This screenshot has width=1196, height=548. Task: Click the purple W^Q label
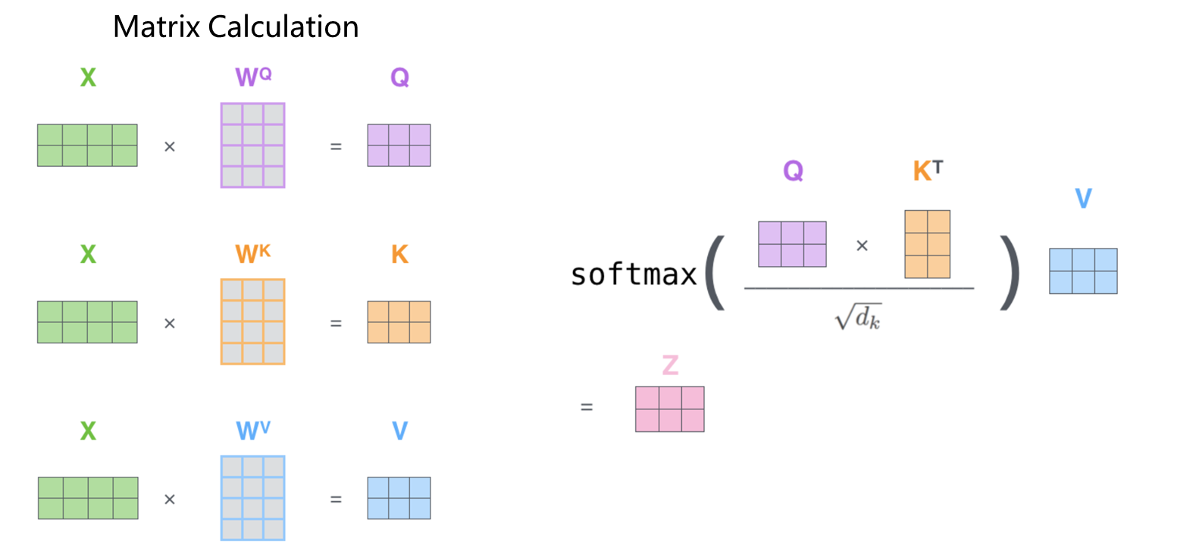(x=252, y=77)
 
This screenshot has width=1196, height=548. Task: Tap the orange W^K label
(x=252, y=253)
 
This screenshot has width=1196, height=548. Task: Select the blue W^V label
(x=252, y=431)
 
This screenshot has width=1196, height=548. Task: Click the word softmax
(x=634, y=274)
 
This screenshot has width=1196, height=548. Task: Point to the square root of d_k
(x=858, y=316)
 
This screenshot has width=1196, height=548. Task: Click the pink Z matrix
(x=669, y=409)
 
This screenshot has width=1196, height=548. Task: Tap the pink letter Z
(x=670, y=365)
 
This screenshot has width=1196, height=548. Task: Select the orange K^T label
(x=928, y=171)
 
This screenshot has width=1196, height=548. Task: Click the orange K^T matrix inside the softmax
(x=927, y=244)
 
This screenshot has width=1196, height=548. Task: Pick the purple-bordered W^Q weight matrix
(x=252, y=145)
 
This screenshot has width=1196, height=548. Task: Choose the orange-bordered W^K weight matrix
(x=252, y=321)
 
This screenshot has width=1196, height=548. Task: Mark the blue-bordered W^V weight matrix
(x=252, y=498)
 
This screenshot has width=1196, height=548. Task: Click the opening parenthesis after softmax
(x=715, y=273)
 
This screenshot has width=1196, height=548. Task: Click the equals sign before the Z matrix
(x=586, y=407)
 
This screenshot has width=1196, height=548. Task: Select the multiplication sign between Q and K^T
(x=862, y=246)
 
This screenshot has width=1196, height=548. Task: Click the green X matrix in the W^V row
(x=88, y=498)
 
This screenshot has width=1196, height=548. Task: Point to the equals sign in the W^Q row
(x=336, y=146)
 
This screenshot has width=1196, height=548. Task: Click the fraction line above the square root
(x=859, y=288)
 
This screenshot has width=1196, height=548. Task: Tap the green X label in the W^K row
(x=88, y=254)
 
